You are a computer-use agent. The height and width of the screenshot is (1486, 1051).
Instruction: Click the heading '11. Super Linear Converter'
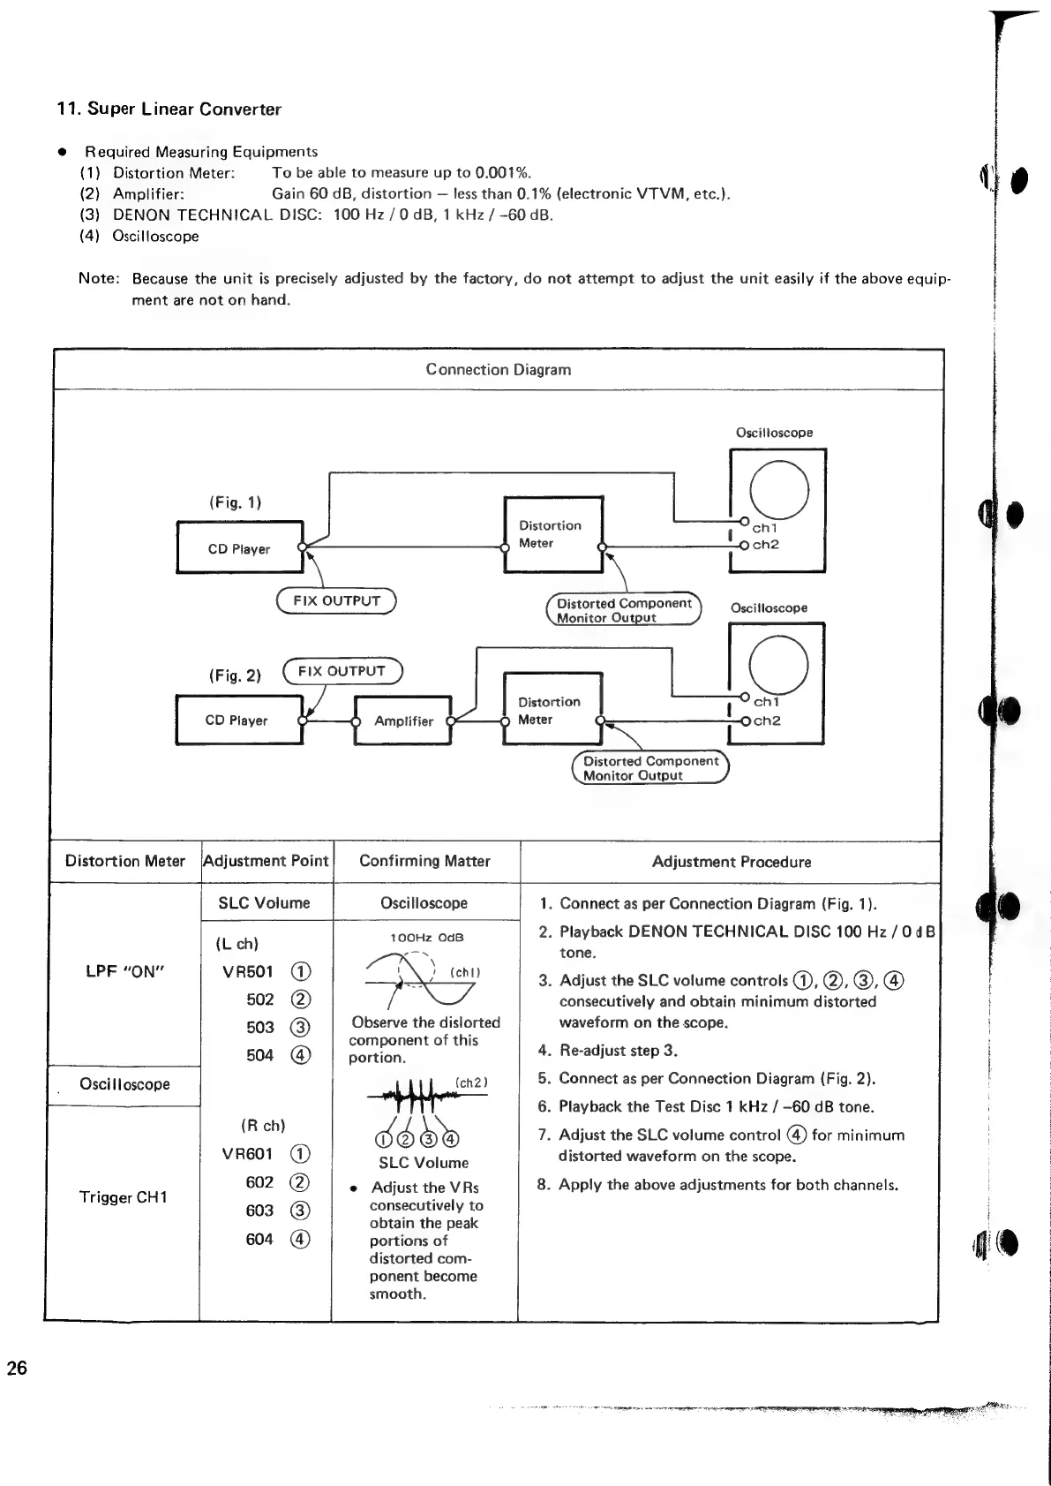click(x=169, y=109)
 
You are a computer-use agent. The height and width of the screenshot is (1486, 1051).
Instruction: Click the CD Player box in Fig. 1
click(x=239, y=548)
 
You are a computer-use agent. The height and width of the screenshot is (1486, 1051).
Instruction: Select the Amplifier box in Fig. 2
click(x=403, y=720)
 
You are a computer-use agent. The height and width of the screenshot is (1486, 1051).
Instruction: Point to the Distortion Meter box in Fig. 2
click(x=551, y=711)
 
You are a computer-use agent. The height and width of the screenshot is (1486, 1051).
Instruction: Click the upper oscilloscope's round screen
click(x=778, y=490)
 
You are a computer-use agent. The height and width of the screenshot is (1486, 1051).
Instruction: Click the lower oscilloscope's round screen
click(x=777, y=664)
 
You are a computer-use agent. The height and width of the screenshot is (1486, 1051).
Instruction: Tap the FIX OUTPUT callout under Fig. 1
click(x=336, y=600)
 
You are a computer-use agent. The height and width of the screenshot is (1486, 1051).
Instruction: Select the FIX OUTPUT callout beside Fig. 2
click(x=342, y=671)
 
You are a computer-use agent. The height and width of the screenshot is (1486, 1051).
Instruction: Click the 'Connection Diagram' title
click(x=499, y=370)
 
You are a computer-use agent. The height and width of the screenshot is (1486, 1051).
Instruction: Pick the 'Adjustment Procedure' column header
click(x=731, y=862)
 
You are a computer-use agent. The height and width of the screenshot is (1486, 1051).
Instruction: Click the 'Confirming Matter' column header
click(x=424, y=861)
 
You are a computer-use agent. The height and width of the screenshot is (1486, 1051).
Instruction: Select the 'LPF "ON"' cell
click(x=124, y=971)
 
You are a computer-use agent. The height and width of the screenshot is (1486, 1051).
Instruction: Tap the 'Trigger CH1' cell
click(x=123, y=1197)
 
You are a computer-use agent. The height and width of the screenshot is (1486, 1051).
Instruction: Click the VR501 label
click(x=248, y=972)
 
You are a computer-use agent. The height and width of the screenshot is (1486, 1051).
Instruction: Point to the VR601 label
click(x=248, y=1154)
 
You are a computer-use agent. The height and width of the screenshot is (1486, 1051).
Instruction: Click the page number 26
click(x=18, y=1369)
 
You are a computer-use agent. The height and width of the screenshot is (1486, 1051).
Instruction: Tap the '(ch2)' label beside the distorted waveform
click(x=471, y=1082)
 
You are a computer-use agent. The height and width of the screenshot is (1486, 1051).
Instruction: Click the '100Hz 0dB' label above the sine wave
click(x=426, y=938)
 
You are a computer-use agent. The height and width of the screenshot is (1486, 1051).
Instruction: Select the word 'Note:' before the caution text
click(x=99, y=279)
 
